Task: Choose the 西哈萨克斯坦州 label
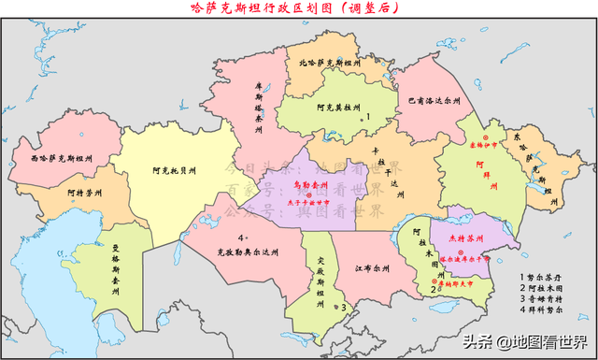[x=61, y=160]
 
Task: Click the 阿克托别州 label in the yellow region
[x=175, y=171]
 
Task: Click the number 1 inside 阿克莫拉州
[x=368, y=116]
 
